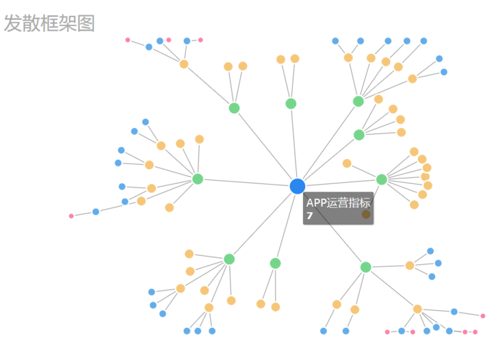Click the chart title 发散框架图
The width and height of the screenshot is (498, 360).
coord(49,23)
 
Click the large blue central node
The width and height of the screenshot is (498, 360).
coord(298,186)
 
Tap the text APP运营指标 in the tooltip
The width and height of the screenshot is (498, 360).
coord(338,203)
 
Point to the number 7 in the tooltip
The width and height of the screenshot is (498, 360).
coord(310,216)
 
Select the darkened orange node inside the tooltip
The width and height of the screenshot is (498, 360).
coord(366,214)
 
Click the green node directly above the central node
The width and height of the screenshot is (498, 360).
coord(291,103)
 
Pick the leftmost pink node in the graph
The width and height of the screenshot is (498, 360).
coord(71,216)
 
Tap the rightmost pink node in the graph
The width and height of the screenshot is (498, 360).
coord(483,316)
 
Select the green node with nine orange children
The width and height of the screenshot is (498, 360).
coord(382,179)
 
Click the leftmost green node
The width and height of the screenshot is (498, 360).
coord(198,179)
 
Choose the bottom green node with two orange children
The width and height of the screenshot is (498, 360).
coord(275,263)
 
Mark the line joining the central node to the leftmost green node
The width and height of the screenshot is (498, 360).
coord(248,183)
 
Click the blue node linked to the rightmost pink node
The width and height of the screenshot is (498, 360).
coord(454,311)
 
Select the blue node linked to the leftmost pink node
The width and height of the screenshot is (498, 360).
coord(96,211)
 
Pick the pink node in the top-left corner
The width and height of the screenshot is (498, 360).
coord(128,40)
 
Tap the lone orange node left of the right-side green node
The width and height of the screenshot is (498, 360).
coord(347,164)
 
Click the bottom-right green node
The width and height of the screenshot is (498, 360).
coord(365,267)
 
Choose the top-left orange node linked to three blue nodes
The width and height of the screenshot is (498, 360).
coord(184,64)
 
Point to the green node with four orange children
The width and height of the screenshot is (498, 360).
coord(359,135)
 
